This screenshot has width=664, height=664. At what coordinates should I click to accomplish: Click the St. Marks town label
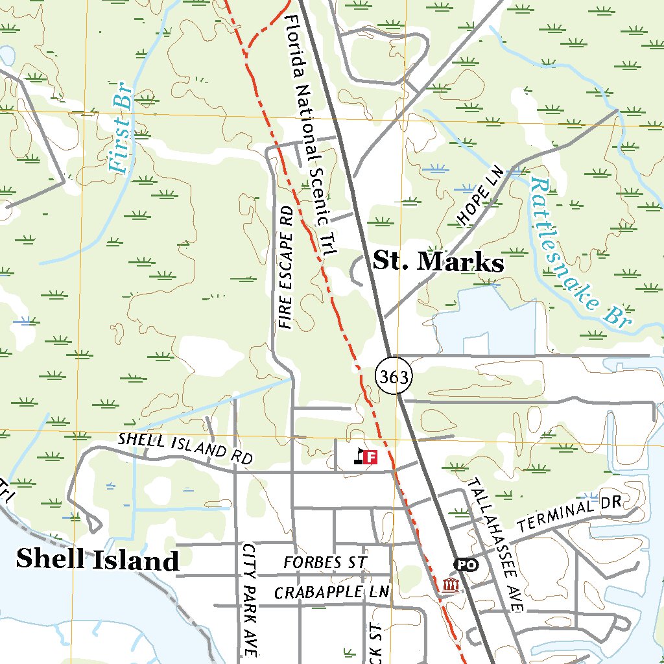(x=438, y=263)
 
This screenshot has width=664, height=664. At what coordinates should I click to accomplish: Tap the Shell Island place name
(x=97, y=559)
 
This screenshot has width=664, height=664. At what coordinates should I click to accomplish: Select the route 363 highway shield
(x=394, y=377)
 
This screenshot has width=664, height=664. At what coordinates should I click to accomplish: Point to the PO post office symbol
(x=466, y=565)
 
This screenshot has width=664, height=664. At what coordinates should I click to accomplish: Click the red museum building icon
(x=450, y=586)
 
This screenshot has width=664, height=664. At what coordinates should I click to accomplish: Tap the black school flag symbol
(x=359, y=457)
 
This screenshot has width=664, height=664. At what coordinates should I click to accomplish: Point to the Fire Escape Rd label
(x=285, y=268)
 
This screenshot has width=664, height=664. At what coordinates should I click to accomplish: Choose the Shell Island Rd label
(x=184, y=447)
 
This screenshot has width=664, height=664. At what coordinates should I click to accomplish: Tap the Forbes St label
(x=325, y=562)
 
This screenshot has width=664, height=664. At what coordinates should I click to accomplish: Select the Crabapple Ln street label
(x=331, y=593)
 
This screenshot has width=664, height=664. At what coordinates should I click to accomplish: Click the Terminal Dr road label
(x=570, y=512)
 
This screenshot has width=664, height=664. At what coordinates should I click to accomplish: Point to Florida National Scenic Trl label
(x=307, y=137)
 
